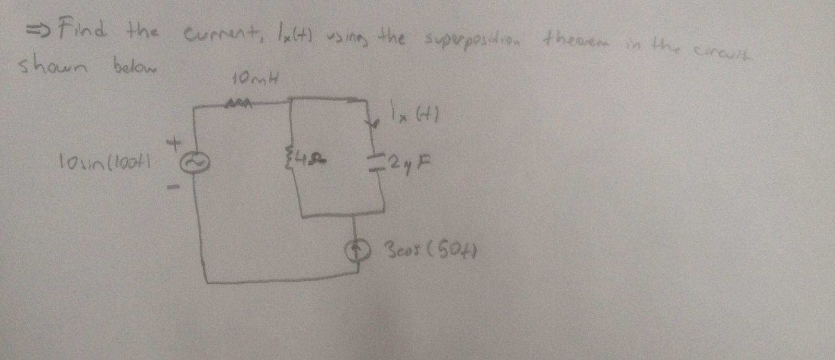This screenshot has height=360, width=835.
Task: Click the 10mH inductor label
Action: point(255,80)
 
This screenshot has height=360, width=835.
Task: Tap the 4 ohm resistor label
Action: point(309,155)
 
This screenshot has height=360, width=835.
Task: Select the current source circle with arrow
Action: point(356,252)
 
